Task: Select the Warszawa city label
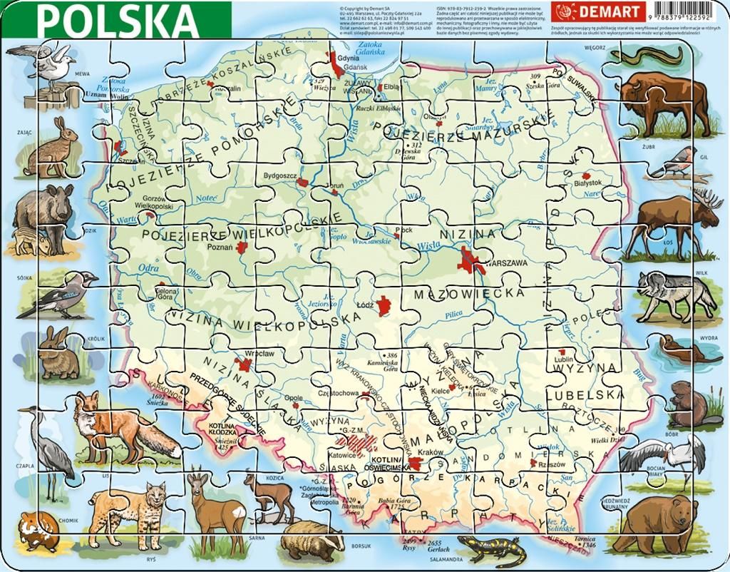click(x=506, y=263)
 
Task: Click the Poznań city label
click(x=219, y=247)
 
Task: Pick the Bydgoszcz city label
click(x=279, y=175)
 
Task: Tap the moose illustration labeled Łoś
click(x=670, y=221)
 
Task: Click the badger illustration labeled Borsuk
click(x=312, y=545)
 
